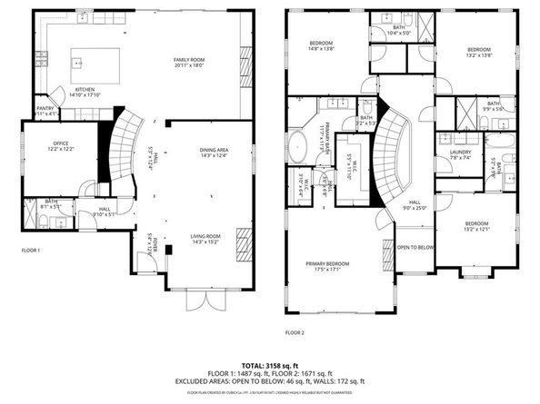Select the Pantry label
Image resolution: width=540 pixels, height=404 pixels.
45,110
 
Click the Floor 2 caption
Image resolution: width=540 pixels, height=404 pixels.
295,333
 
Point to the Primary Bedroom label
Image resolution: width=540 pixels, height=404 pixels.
327,266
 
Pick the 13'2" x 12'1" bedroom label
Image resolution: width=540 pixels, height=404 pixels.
477,226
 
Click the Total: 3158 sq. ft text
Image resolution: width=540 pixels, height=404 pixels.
270,364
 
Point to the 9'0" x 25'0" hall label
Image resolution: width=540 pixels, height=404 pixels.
414,205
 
